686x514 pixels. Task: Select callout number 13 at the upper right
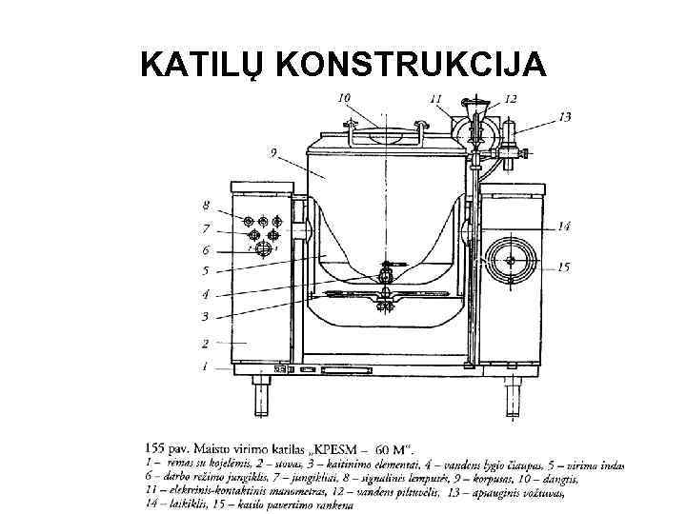565,116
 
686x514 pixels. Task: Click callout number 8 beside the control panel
206,205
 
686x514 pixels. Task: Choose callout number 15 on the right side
563,267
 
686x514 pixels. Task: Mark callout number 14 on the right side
563,227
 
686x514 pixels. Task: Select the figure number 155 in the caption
157,446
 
